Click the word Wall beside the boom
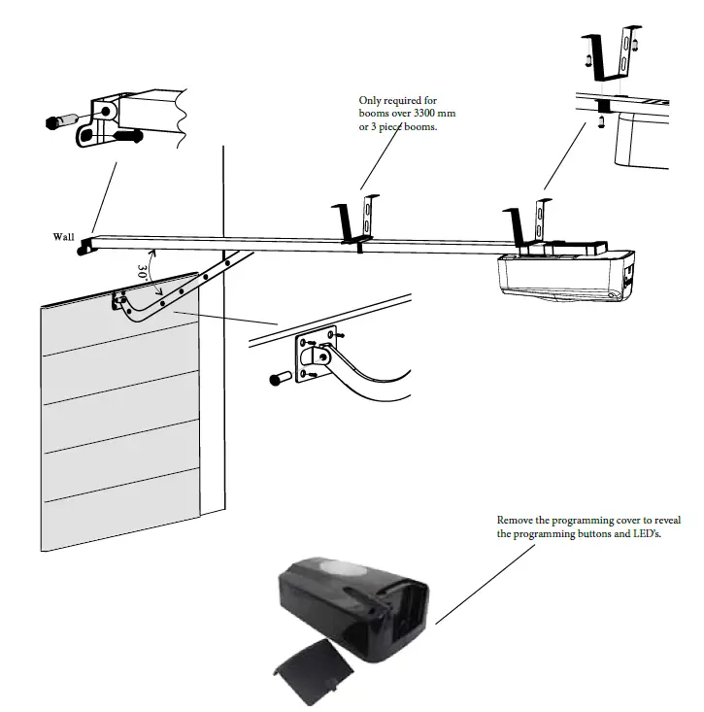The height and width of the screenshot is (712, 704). point(64,236)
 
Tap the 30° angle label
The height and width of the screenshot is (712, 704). point(143,271)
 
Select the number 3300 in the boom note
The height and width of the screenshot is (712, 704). point(444,114)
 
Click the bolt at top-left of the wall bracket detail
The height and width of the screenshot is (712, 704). point(60,122)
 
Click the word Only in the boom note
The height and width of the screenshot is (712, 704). point(371,100)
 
